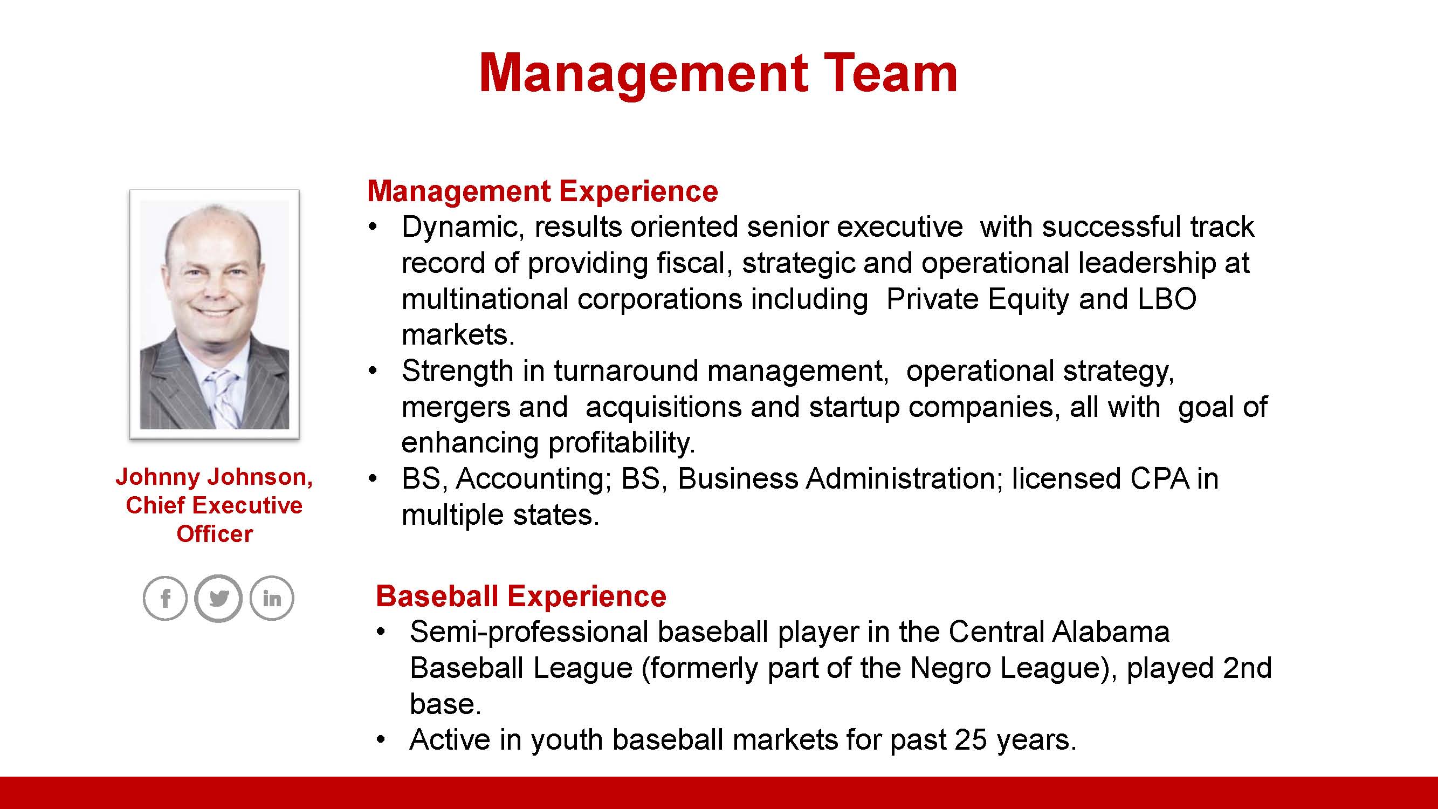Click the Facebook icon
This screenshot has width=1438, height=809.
pyautogui.click(x=164, y=598)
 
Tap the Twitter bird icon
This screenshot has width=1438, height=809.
pyautogui.click(x=218, y=598)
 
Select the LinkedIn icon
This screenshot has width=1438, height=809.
pyautogui.click(x=272, y=598)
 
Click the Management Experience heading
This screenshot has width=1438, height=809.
pyautogui.click(x=542, y=191)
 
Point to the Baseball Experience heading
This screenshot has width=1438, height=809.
pyautogui.click(x=521, y=596)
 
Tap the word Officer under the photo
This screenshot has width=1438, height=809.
pyautogui.click(x=215, y=534)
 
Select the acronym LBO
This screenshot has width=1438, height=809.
pyautogui.click(x=1167, y=299)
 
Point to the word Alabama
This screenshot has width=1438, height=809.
pyautogui.click(x=1111, y=632)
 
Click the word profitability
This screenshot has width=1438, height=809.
pyautogui.click(x=621, y=443)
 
